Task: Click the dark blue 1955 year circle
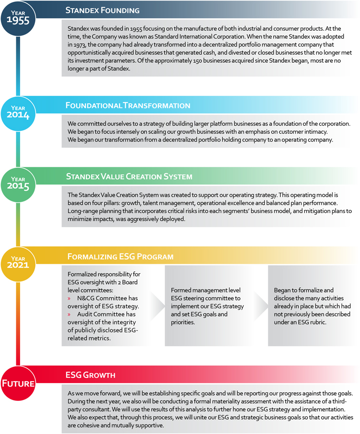[x=18, y=18]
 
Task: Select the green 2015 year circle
[x=18, y=182]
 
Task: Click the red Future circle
[x=18, y=382]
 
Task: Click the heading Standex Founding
[x=103, y=10]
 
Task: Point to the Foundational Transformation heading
[x=128, y=105]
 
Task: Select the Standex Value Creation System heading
[x=129, y=176]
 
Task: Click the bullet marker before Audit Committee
[x=70, y=314]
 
